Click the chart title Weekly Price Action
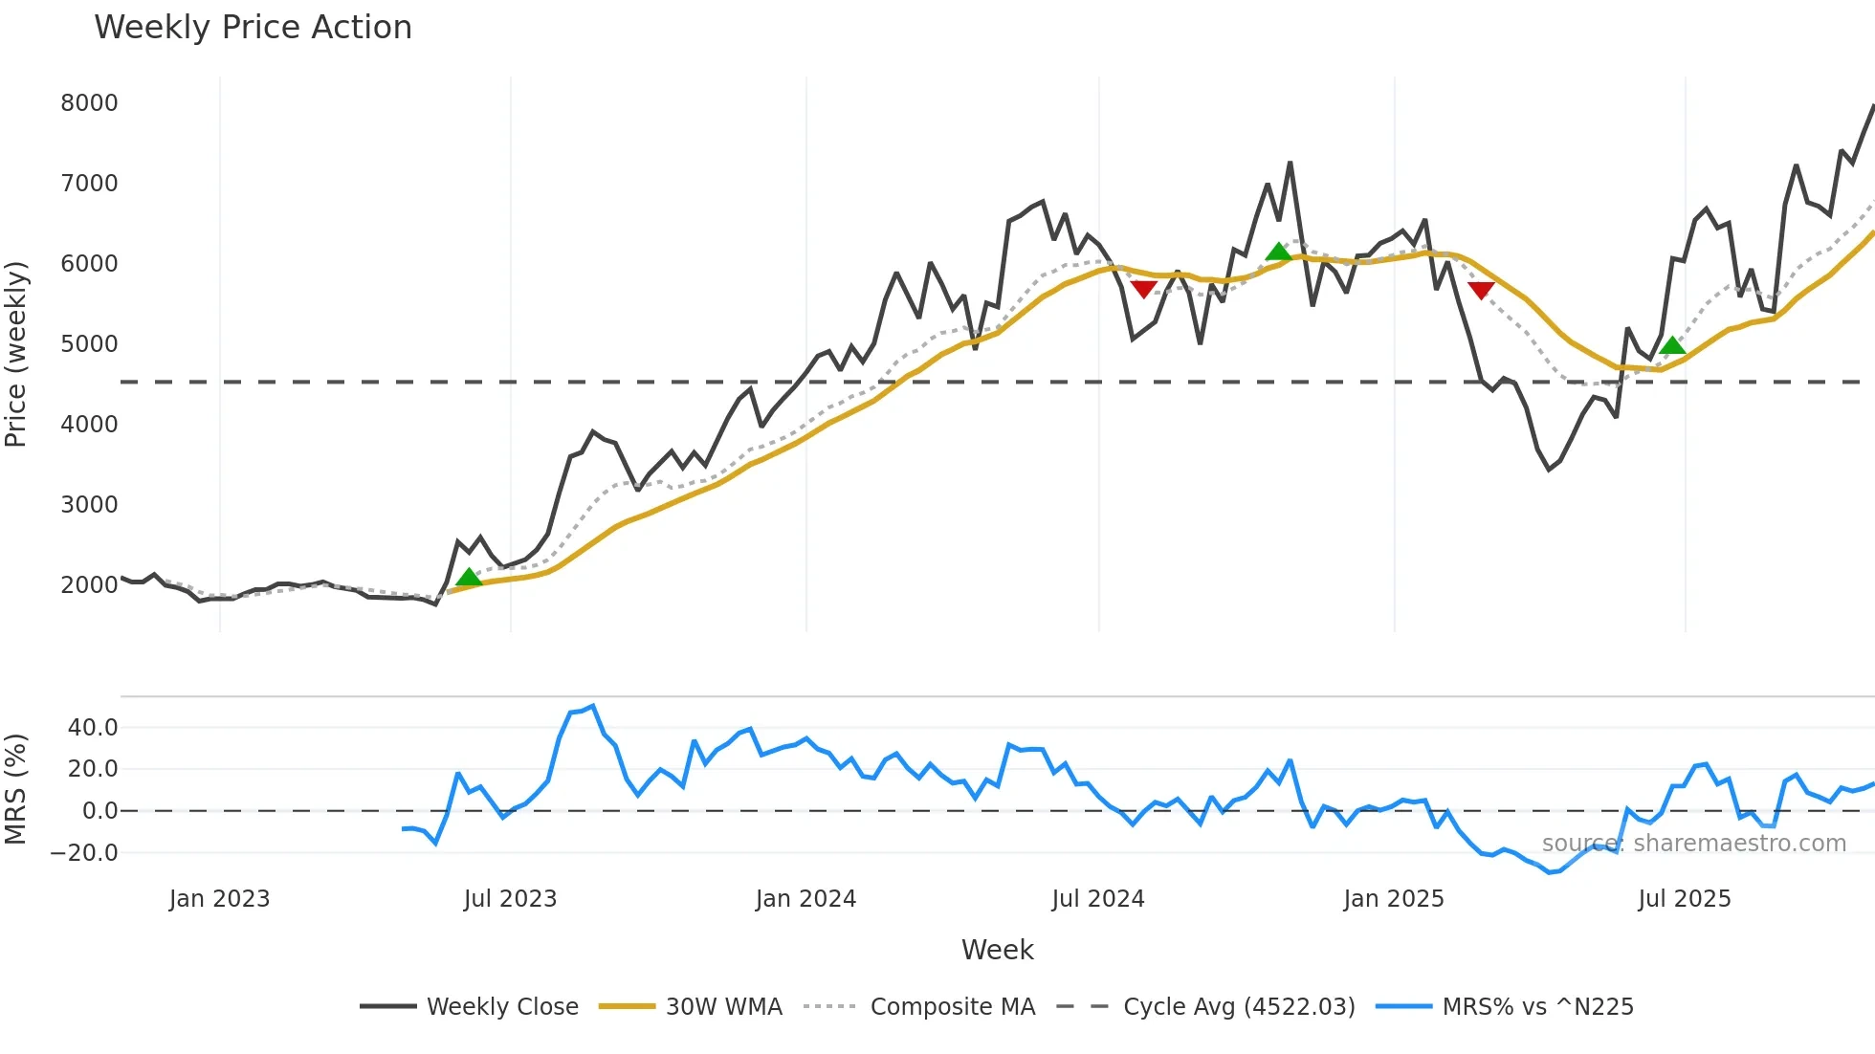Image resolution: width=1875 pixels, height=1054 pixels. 253,28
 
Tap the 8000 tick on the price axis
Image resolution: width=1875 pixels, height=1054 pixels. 89,103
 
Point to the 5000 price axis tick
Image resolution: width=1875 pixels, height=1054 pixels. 89,344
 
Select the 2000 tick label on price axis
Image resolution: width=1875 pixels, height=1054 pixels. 89,585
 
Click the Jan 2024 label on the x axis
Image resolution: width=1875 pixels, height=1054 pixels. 805,899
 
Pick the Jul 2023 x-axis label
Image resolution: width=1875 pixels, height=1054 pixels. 510,899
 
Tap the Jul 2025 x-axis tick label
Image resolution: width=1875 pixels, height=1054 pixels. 1684,899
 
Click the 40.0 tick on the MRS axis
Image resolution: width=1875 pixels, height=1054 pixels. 93,728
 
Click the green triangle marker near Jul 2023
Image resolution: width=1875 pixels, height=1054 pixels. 469,577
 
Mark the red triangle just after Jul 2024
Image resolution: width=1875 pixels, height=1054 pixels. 1143,289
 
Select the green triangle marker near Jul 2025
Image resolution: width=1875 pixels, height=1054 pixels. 1672,345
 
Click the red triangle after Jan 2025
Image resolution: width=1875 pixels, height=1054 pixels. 1481,290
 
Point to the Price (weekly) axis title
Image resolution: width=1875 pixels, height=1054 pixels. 15,354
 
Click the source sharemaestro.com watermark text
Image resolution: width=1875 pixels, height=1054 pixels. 1693,844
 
